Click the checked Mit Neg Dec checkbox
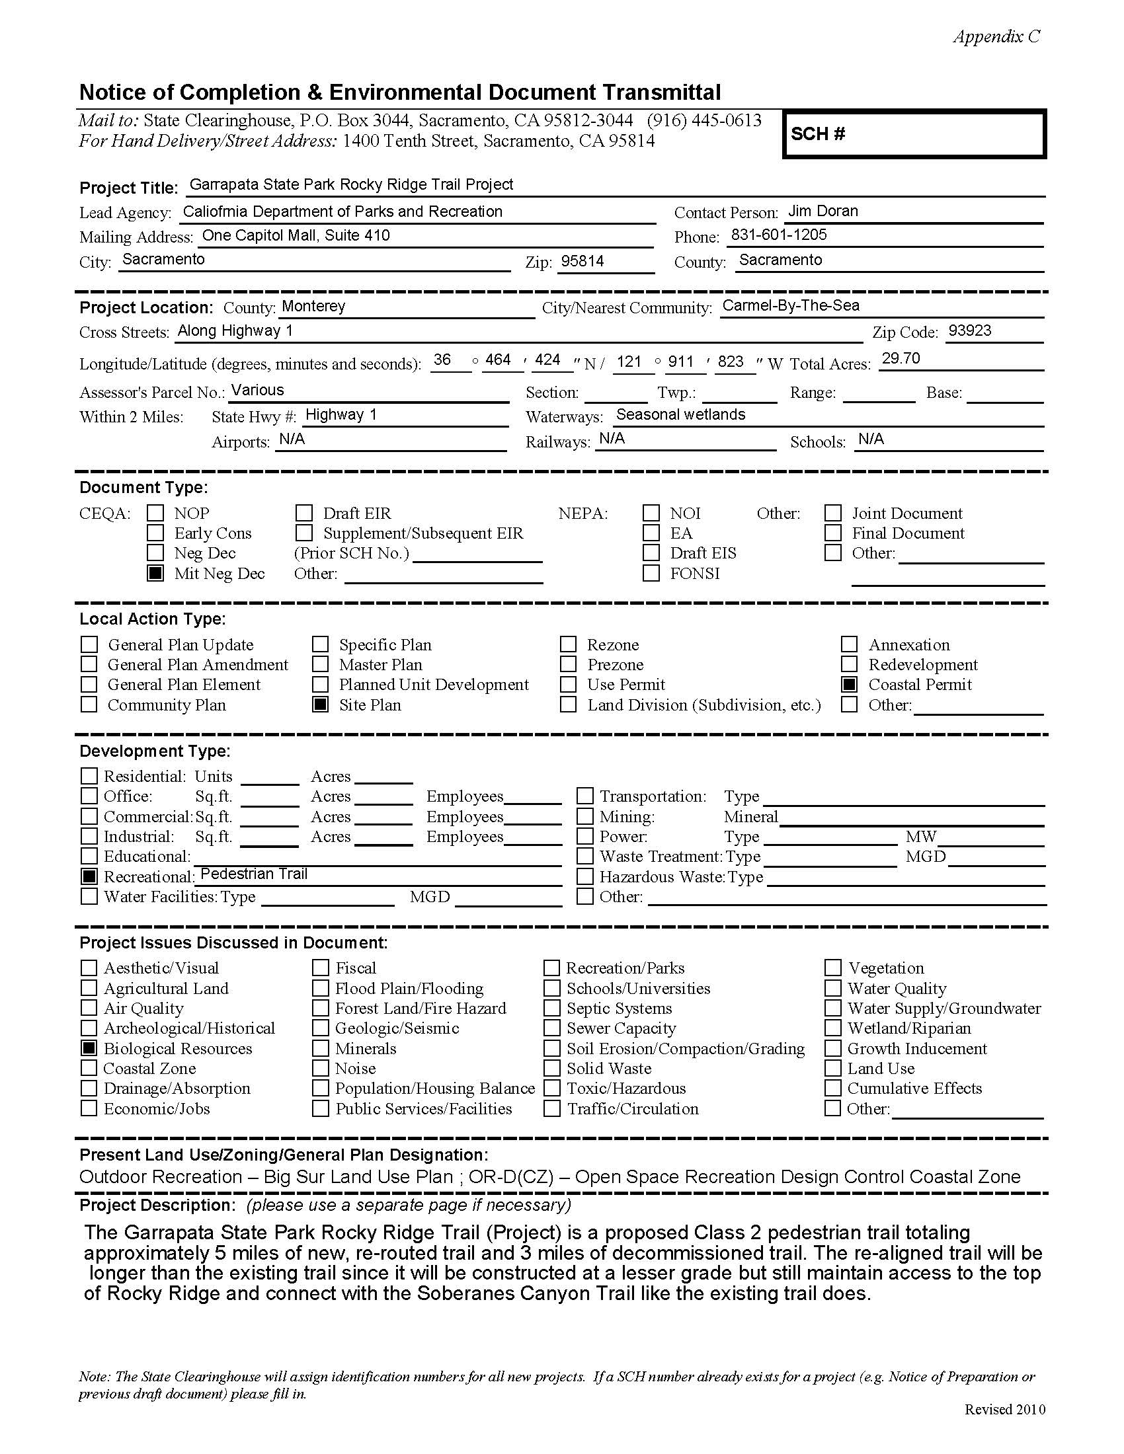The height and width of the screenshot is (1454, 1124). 155,573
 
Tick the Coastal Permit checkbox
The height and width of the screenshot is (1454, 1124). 849,685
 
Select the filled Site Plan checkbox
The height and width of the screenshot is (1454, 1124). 320,705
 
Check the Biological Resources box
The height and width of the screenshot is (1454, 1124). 89,1049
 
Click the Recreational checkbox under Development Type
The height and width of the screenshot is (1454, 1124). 89,877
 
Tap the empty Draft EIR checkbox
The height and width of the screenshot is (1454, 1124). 304,514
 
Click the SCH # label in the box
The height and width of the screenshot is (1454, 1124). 818,134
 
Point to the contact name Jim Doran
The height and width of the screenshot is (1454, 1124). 823,211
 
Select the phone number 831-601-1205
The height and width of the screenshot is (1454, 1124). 778,235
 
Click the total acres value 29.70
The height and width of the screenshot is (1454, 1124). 901,359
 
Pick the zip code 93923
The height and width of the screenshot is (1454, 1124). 969,331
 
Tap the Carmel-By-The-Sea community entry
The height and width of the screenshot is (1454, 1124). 790,305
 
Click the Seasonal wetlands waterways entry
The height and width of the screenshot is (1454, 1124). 680,415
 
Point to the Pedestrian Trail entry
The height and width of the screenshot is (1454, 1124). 254,874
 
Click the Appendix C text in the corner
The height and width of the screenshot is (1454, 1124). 996,36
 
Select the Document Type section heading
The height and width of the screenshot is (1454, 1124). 144,488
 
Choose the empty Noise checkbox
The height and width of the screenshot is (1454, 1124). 320,1069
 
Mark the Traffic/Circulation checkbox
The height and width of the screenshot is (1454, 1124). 551,1108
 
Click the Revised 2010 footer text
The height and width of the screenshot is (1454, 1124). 1004,1410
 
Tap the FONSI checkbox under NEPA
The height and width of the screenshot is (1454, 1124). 651,573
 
